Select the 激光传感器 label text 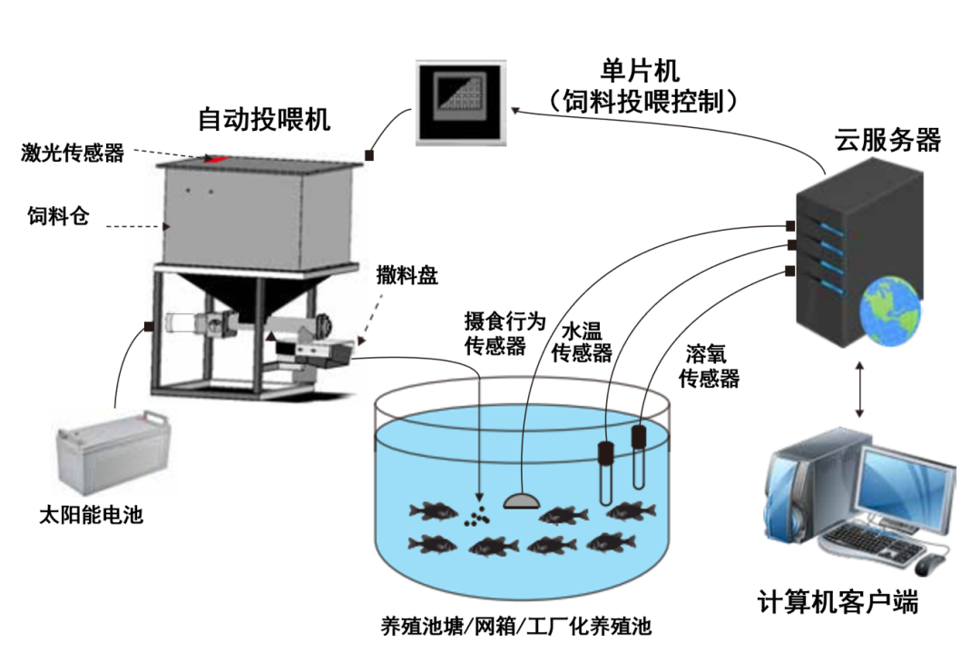[73, 153]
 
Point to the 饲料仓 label [59, 216]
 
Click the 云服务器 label [887, 140]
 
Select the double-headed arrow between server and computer [858, 390]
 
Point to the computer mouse [932, 566]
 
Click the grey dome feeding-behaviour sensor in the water [521, 499]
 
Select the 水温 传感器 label [583, 341]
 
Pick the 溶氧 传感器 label [710, 366]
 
